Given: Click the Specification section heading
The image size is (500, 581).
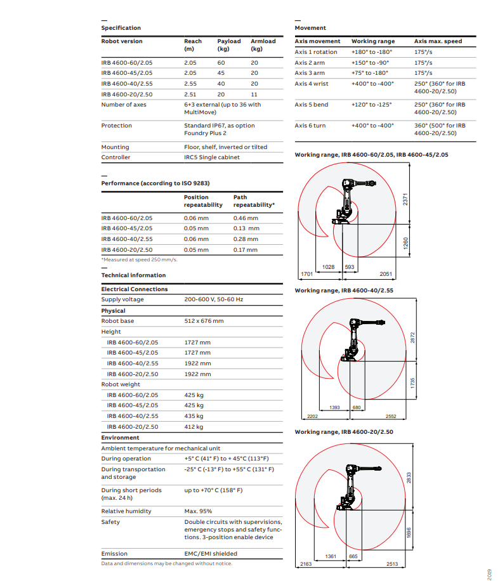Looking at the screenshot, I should (121, 28).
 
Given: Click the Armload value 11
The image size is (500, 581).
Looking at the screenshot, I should (254, 94).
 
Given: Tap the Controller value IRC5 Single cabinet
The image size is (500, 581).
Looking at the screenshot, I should (212, 157).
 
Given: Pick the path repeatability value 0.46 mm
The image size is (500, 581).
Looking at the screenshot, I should (245, 218).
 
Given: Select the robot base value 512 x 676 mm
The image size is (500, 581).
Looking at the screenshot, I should (204, 321).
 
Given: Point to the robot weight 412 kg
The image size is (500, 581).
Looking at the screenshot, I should (194, 427).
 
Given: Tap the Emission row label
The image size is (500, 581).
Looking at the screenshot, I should (114, 554).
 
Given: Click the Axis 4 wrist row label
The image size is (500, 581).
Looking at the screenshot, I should (312, 84).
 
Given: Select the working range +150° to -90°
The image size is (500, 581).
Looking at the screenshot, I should (370, 63).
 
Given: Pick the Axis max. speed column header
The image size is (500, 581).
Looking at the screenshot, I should (438, 41).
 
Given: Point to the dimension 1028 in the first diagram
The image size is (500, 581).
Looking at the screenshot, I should (329, 267).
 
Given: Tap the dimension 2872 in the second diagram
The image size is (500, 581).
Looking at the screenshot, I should (413, 339).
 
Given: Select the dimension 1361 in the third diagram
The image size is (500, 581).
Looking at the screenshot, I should (331, 556).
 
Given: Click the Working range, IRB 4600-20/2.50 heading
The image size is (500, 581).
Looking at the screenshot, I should (344, 432).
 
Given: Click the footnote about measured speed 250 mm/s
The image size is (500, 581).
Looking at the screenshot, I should (140, 259).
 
